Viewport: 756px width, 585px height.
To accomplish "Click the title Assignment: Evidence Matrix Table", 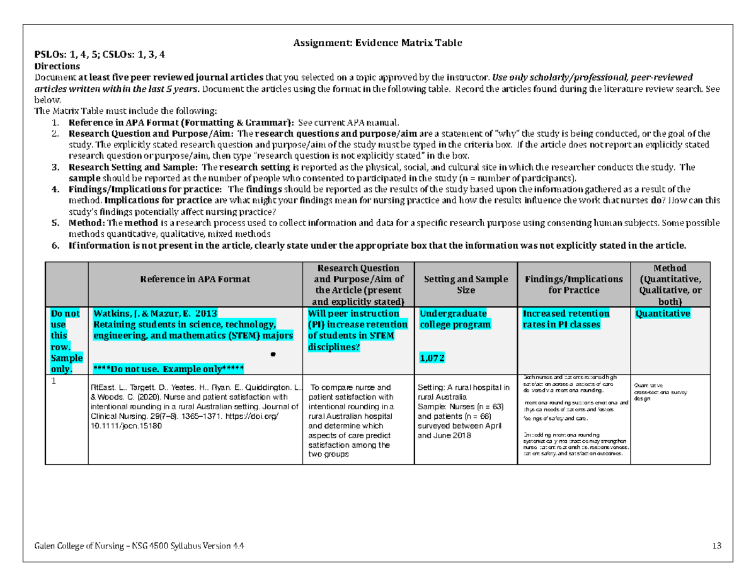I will (377, 43).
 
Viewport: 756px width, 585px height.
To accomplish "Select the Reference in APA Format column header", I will (195, 278).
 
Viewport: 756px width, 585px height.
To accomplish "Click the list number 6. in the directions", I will (55, 245).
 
